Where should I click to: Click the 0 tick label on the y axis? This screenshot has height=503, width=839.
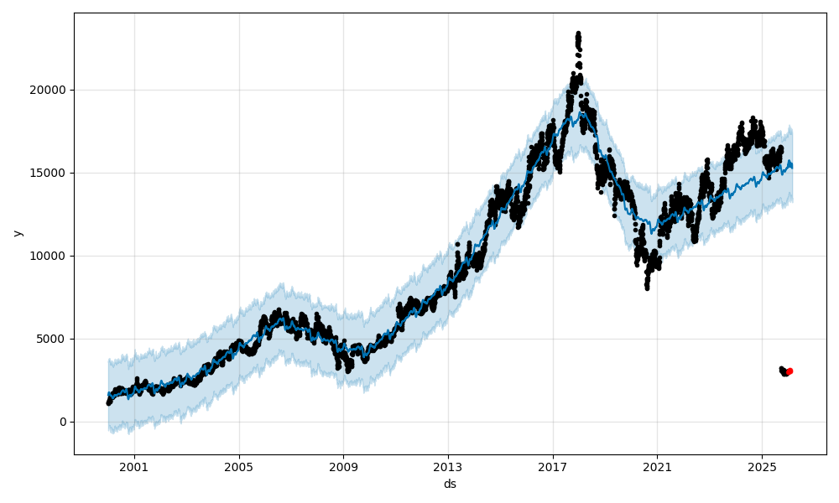tap(63, 422)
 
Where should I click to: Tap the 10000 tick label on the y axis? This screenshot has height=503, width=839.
tap(50, 256)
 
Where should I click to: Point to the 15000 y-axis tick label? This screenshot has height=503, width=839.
tap(50, 173)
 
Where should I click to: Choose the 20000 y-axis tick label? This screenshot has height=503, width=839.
tap(50, 90)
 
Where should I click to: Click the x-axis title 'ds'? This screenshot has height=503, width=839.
tap(450, 484)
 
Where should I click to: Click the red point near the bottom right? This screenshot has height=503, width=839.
tap(789, 371)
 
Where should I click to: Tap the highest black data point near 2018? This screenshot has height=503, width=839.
tap(578, 34)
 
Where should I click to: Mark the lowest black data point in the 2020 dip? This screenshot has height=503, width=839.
tap(647, 288)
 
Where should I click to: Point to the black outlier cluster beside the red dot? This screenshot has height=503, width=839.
tap(784, 371)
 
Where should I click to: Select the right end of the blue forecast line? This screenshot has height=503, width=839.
tap(792, 166)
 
